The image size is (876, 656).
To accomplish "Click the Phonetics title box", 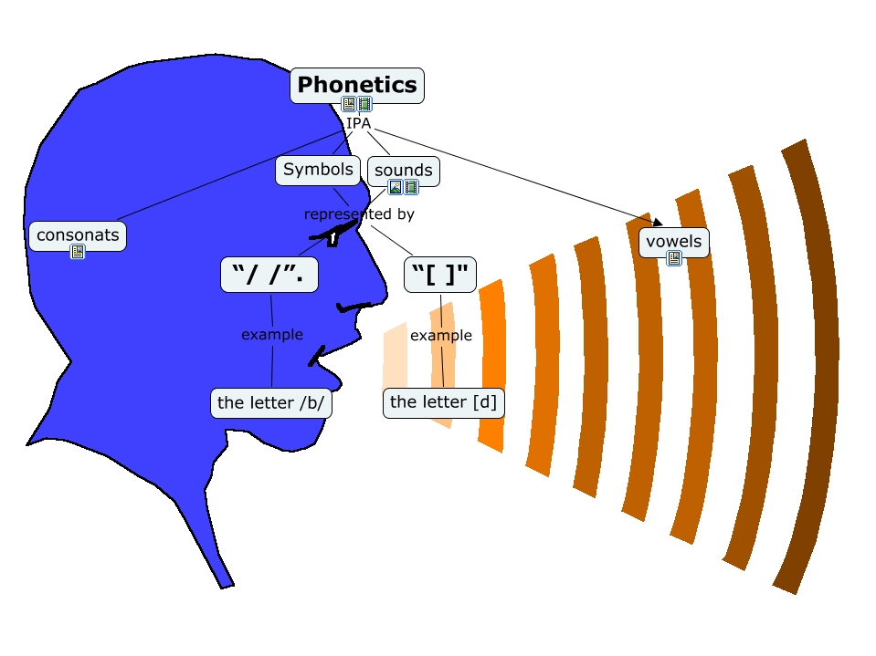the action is [357, 86].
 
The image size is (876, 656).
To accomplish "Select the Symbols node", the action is [318, 170].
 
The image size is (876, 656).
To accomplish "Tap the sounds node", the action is [404, 171].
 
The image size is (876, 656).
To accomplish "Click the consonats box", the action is [78, 236].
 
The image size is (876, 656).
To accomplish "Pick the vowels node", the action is [674, 242].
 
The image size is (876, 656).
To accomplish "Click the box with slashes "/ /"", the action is [269, 275].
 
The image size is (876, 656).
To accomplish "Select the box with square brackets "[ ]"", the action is [440, 275].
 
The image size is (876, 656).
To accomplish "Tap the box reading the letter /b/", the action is [271, 402].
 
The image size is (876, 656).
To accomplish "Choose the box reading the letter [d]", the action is [444, 402].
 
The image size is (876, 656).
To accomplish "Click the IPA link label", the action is [358, 123].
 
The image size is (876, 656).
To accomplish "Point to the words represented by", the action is [359, 214].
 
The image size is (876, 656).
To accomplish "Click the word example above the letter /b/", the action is [272, 335].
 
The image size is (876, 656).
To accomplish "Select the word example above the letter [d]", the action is [441, 335].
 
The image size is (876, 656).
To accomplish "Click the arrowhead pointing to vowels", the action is [658, 222].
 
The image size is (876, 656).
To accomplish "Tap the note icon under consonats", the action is [78, 252].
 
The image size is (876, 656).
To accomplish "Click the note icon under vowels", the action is [674, 258].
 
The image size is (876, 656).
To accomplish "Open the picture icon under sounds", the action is [396, 187].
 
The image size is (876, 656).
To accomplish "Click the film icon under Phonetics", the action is [364, 104].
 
